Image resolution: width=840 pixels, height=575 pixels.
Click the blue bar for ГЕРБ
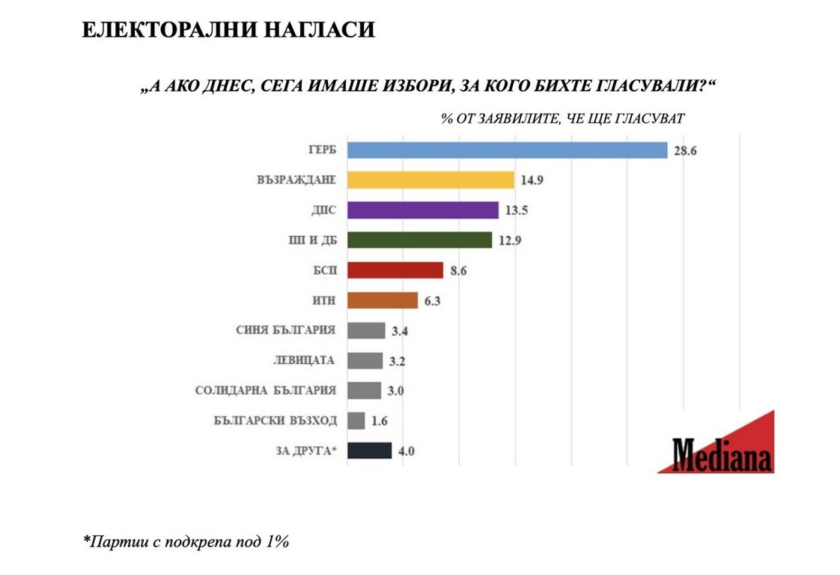(x=507, y=150)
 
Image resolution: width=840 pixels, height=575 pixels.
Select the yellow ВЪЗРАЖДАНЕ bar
(x=430, y=180)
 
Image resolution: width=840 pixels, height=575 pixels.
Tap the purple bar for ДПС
(x=423, y=210)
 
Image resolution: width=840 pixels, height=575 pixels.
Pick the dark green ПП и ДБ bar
(x=419, y=240)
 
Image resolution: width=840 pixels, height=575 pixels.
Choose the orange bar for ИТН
(x=382, y=300)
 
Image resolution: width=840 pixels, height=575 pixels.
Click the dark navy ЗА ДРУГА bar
(x=369, y=451)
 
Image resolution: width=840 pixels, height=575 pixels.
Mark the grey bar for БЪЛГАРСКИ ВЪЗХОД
(x=356, y=421)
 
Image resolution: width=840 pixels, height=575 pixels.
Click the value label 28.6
(x=685, y=150)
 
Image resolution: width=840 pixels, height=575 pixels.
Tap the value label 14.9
(x=532, y=180)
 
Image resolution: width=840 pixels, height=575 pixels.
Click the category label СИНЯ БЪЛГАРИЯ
(x=286, y=330)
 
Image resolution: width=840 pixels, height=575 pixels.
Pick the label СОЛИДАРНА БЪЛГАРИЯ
(x=266, y=390)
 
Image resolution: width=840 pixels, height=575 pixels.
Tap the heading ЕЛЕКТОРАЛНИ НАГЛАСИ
(x=228, y=31)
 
